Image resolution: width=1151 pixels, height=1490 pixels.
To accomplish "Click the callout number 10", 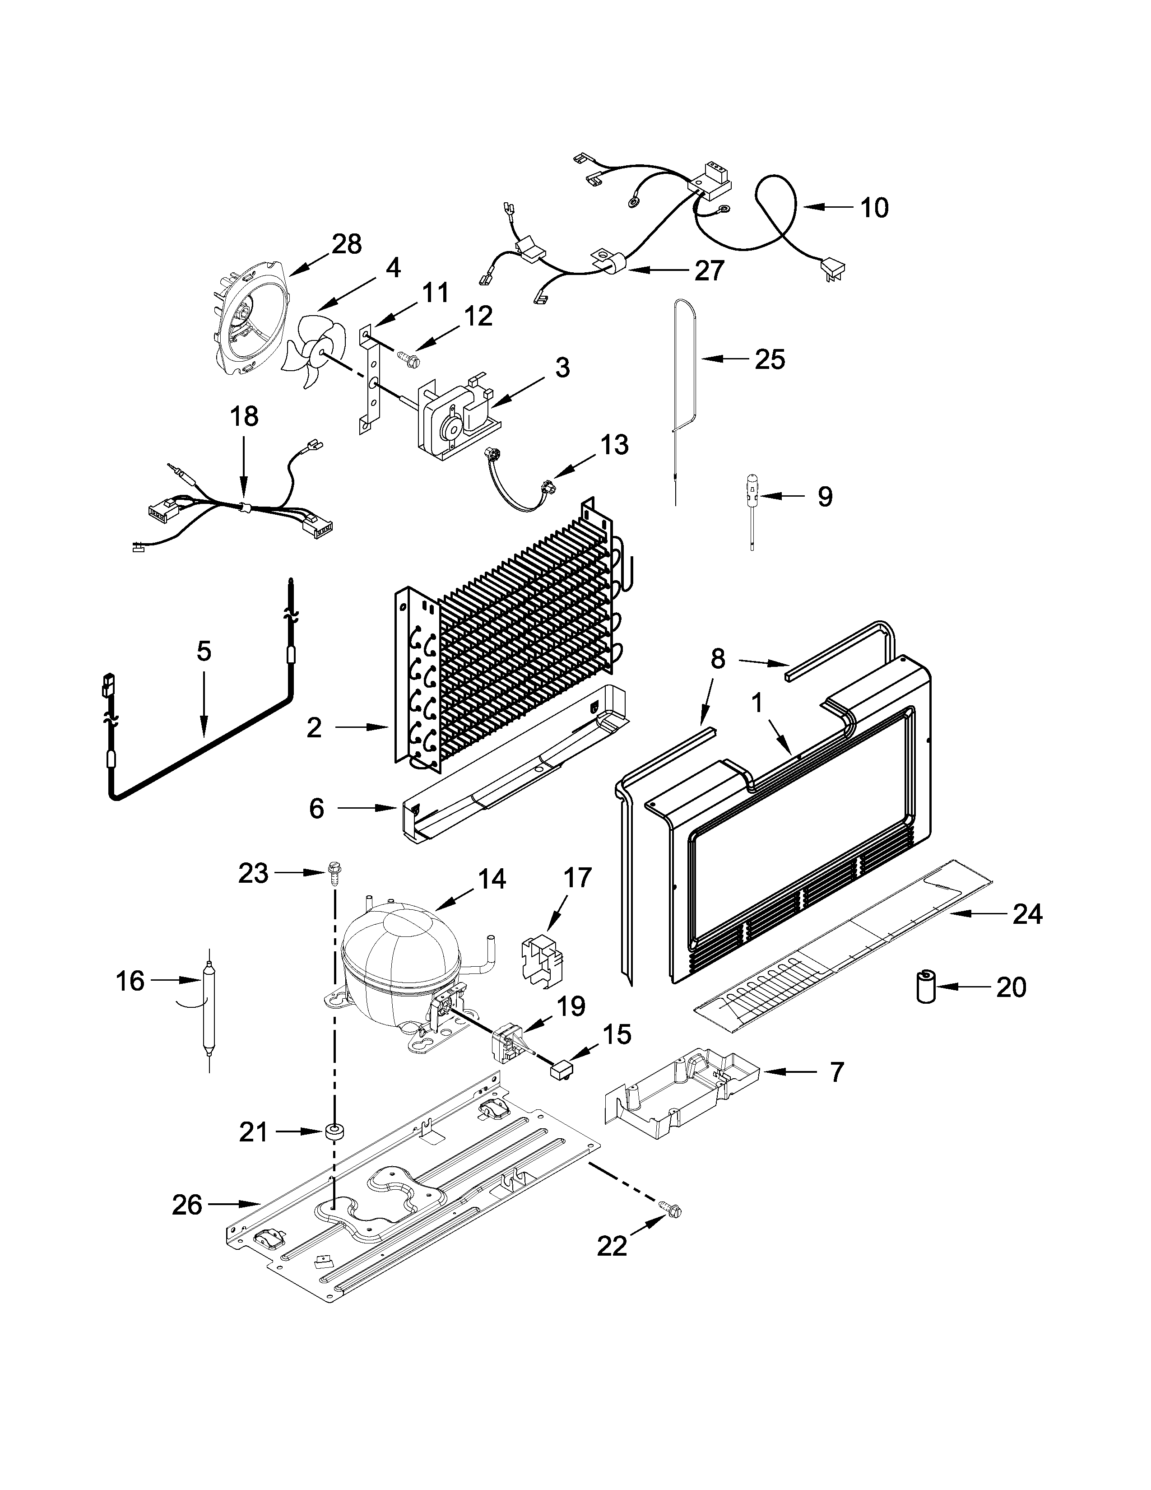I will click(874, 207).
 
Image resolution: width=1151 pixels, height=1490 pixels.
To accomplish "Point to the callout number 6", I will click(316, 809).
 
